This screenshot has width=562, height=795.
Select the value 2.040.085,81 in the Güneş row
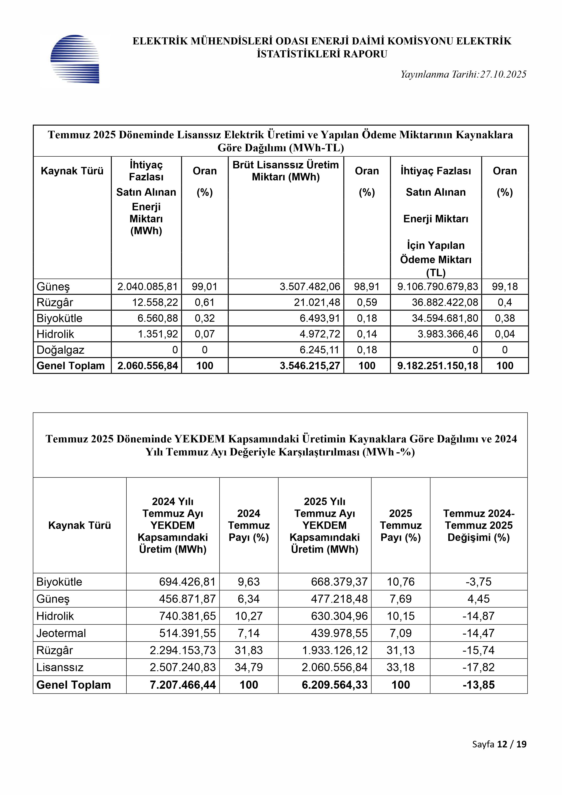[147, 287]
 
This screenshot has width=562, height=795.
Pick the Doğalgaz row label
[60, 350]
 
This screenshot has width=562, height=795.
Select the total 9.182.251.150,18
[437, 366]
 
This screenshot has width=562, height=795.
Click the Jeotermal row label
[61, 633]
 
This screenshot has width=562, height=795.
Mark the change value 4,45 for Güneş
[479, 599]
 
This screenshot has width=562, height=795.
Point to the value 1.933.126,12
[335, 650]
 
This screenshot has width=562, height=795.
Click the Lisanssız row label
[60, 667]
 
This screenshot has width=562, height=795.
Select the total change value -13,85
[479, 685]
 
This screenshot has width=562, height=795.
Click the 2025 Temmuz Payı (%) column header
[400, 526]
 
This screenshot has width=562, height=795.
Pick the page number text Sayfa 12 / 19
[499, 754]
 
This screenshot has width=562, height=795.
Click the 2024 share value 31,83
[248, 650]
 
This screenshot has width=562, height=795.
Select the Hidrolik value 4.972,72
[320, 334]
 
